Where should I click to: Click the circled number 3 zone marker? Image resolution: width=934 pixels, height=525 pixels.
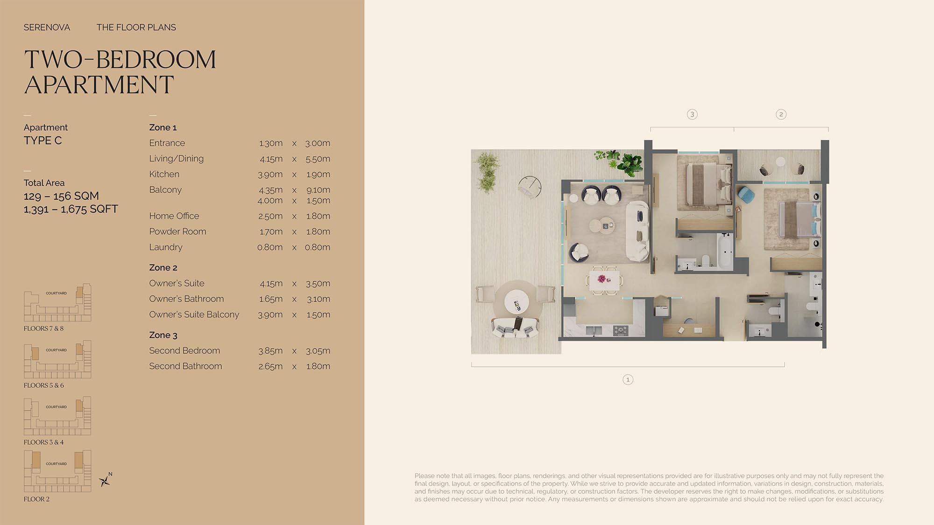tap(692, 114)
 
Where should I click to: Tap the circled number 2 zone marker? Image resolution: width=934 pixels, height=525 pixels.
tap(781, 114)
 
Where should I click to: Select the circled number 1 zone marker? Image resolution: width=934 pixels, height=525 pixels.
tap(628, 379)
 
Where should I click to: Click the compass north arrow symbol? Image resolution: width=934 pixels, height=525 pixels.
tap(106, 480)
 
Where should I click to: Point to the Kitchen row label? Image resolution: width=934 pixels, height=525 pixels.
tap(164, 174)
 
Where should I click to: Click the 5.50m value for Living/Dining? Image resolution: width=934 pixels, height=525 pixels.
tap(318, 159)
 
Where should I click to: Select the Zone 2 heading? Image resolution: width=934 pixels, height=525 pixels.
tap(163, 267)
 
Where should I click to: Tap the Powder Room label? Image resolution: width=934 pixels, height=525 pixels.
tap(177, 231)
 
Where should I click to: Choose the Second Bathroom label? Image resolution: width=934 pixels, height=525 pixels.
tap(185, 366)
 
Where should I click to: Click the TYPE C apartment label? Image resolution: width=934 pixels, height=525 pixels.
tap(42, 140)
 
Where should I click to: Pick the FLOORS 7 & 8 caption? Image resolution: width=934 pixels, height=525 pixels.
tap(43, 329)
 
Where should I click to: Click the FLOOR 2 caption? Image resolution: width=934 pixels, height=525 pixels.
tap(36, 499)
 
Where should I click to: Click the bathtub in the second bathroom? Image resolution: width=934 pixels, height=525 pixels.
tap(725, 251)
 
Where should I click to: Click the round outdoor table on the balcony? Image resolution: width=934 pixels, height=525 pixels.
tap(517, 301)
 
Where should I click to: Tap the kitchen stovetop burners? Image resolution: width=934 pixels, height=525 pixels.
tap(621, 330)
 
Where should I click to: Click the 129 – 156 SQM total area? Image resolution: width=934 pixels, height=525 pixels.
tap(61, 196)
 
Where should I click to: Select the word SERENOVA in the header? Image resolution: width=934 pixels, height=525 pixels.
tap(47, 28)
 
